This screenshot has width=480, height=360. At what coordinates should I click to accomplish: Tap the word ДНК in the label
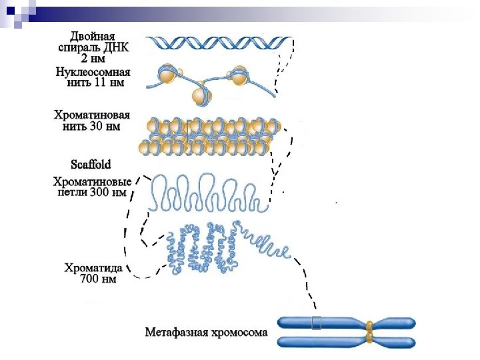coord(118,47)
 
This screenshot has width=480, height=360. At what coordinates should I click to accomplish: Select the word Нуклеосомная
coord(93,72)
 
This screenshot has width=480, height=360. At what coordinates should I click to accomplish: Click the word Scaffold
coord(90,164)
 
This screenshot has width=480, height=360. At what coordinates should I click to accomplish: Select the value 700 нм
coord(98,279)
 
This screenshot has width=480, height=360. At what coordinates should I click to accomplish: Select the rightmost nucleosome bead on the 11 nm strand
coord(239,76)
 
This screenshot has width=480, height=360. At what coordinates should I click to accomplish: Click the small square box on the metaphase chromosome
coord(316,323)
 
